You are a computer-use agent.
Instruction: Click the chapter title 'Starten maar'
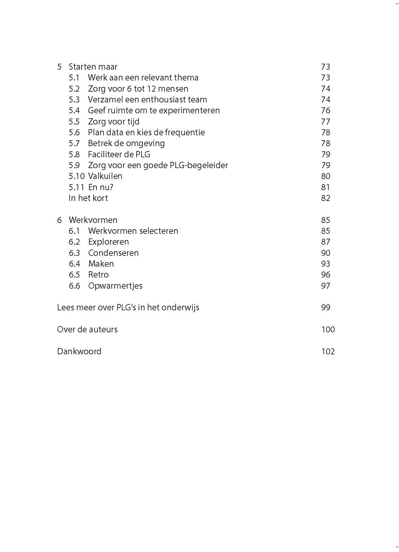[x=93, y=67]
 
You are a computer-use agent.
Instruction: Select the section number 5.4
[x=74, y=111]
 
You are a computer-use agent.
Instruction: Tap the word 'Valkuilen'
[x=105, y=176]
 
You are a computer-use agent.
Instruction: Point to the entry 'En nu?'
[x=100, y=187]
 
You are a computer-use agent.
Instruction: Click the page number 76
[x=325, y=111]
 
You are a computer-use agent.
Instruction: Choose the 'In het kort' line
[x=88, y=198]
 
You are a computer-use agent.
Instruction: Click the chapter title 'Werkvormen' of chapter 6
[x=93, y=220]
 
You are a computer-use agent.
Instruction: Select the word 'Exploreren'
[x=108, y=242]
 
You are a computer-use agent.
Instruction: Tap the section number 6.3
[x=74, y=253]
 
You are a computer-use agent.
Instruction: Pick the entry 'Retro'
[x=98, y=275]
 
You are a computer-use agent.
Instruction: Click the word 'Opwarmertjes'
[x=115, y=286]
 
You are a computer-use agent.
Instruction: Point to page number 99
[x=325, y=308]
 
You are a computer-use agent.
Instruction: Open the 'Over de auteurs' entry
[x=87, y=329]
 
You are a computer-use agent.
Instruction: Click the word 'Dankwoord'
[x=79, y=351]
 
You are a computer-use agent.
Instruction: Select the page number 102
[x=328, y=351]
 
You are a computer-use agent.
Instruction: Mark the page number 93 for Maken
[x=325, y=264]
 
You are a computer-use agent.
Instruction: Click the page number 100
[x=328, y=329]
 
